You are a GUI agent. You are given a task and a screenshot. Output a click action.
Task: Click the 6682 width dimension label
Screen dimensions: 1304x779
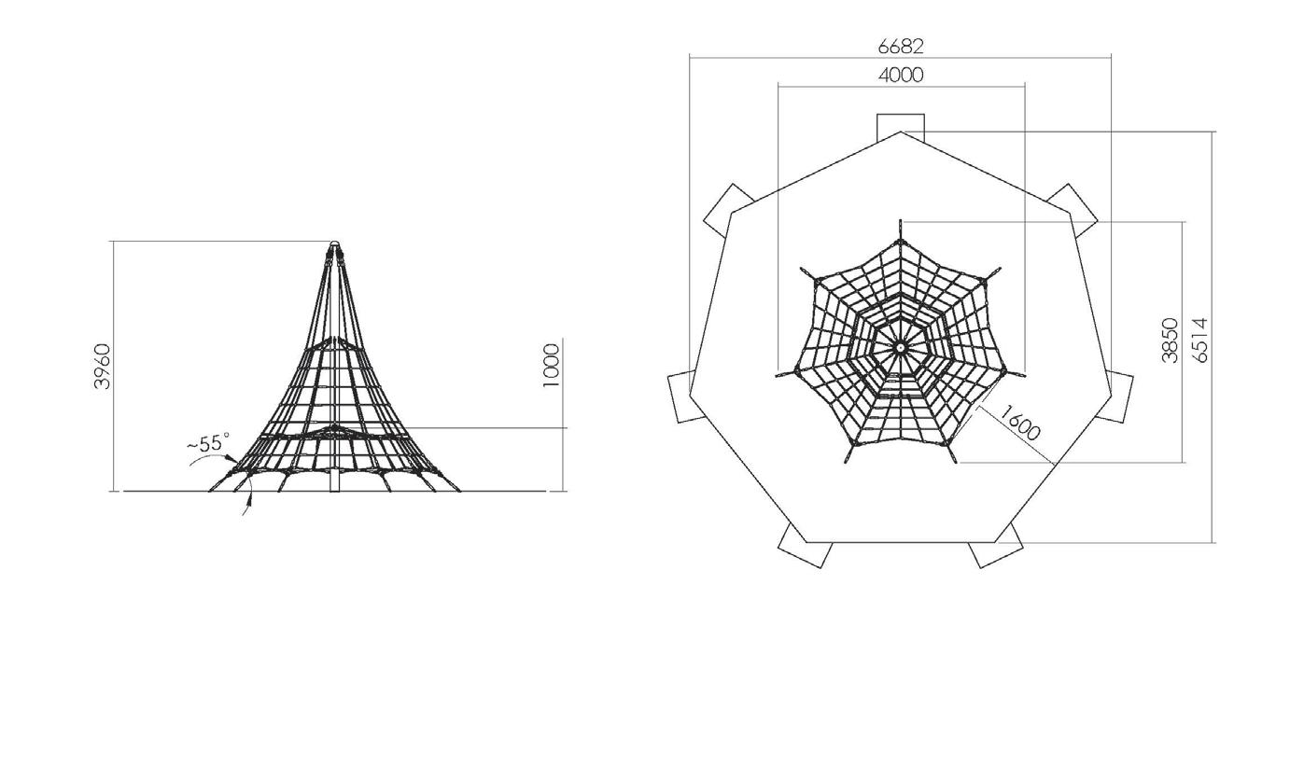[901, 46]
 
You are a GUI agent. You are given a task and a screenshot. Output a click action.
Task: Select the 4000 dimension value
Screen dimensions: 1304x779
[901, 75]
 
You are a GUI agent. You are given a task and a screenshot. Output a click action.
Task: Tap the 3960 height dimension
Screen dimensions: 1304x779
[103, 366]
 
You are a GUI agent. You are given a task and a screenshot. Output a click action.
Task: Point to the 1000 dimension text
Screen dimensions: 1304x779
[551, 365]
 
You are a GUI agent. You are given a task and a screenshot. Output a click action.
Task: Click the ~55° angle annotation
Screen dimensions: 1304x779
[208, 443]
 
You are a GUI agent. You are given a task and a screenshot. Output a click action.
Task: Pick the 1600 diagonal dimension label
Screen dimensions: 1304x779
[1020, 423]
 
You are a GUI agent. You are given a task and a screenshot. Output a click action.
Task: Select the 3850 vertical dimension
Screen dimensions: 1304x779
[1170, 340]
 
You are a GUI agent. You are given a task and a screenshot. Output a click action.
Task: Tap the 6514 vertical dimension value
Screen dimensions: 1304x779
[1199, 340]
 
